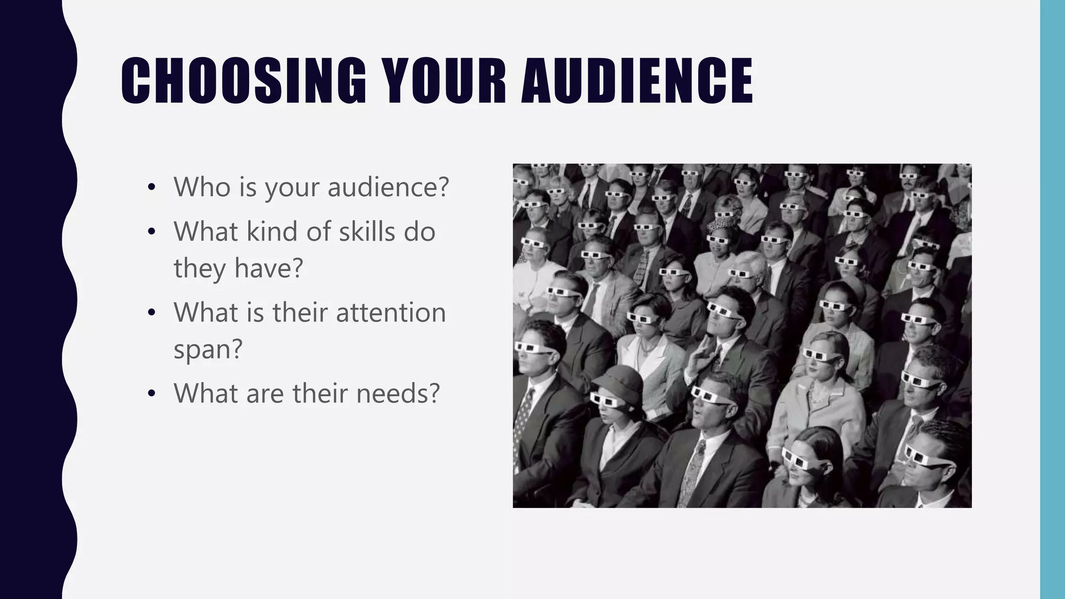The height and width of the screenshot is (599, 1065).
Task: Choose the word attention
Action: [391, 312]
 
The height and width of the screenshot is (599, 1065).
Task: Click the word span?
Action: [208, 349]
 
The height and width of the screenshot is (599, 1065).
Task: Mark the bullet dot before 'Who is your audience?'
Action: [151, 188]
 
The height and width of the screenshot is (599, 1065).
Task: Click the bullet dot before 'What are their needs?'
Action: [151, 394]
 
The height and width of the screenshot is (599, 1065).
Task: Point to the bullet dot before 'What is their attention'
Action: [151, 314]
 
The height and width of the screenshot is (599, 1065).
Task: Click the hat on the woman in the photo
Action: [618, 380]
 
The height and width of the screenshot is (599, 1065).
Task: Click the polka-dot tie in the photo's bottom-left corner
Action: [523, 416]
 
